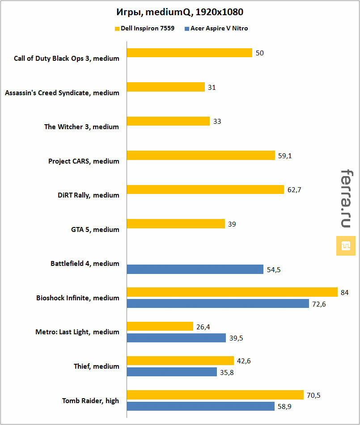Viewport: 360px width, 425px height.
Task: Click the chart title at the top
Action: click(x=179, y=11)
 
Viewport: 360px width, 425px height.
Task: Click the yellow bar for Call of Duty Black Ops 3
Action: click(x=190, y=53)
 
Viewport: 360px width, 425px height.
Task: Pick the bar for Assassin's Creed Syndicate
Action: click(x=166, y=87)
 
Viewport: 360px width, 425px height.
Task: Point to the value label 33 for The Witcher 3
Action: click(x=217, y=122)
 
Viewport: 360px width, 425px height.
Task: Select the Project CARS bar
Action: click(x=201, y=156)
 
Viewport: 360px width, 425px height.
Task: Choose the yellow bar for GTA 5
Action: click(x=176, y=224)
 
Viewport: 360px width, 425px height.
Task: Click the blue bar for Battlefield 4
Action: click(x=195, y=269)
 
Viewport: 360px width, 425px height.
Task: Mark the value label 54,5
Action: click(x=274, y=269)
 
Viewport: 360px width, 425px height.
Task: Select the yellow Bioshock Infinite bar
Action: click(x=232, y=292)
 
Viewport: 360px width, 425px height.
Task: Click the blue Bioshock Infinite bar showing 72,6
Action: click(x=218, y=304)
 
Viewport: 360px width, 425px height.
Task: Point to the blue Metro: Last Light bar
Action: click(x=176, y=338)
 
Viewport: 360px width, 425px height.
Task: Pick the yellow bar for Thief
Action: click(x=180, y=361)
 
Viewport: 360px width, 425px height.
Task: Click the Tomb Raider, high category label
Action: click(x=90, y=401)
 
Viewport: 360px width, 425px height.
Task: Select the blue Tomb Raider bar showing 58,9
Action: click(x=200, y=406)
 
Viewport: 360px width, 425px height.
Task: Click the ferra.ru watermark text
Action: click(x=345, y=198)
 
